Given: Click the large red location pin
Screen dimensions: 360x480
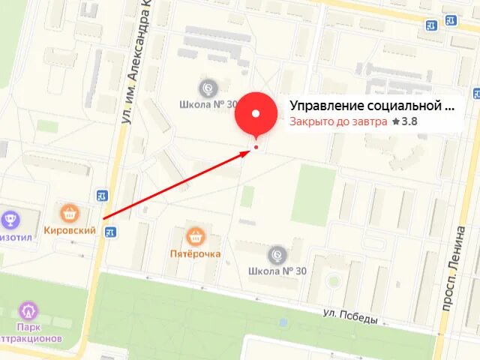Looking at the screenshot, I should coord(256,114).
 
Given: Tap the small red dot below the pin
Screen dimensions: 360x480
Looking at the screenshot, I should coord(256,147).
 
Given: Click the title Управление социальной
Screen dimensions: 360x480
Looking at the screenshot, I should coord(372,106).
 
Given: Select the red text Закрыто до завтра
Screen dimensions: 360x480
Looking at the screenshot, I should coord(338,121).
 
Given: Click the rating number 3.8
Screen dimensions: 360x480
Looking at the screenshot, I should coord(409,121).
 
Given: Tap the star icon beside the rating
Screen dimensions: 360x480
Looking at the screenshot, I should coord(396,121).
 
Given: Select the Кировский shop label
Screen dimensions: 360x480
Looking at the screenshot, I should coord(70,230).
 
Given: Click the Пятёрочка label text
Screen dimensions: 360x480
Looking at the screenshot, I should coord(195,253).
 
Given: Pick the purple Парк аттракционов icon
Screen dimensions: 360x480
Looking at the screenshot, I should coord(29,310).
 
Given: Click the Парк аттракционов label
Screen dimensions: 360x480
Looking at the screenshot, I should coord(31,333).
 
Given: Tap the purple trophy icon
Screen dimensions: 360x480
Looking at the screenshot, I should coord(11,219).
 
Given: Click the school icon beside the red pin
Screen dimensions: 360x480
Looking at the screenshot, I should coord(209,87).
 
